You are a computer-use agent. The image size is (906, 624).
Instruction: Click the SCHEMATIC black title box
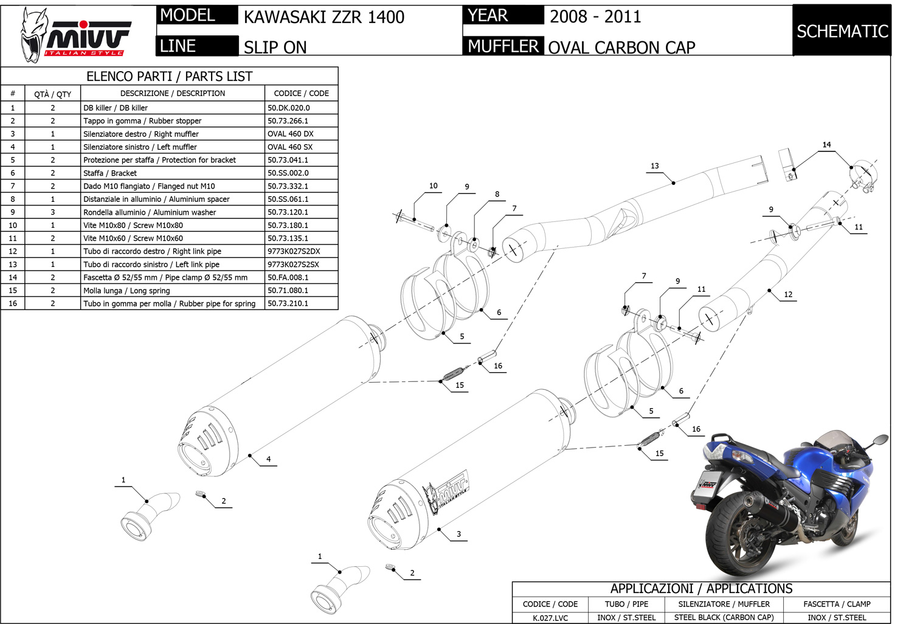point(842,31)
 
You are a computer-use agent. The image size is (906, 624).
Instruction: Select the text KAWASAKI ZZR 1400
point(323,17)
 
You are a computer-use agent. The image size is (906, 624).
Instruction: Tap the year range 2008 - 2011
point(595,16)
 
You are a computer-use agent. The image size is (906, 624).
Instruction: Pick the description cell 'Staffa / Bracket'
point(110,173)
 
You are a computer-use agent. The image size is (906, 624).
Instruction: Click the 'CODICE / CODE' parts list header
point(301,93)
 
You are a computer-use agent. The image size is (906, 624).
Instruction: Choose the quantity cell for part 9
point(52,212)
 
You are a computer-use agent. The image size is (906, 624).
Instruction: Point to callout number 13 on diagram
point(654,165)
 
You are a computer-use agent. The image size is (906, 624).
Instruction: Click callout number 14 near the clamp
point(826,145)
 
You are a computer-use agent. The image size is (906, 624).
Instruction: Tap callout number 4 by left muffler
point(268,459)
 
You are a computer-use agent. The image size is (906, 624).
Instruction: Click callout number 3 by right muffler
point(458,534)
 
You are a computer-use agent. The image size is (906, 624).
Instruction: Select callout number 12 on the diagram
point(788,294)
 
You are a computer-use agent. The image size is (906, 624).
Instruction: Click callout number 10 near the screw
point(433,185)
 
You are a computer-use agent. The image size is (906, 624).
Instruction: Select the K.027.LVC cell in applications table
point(550,617)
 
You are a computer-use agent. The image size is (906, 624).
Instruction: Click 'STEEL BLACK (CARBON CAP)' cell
point(724,617)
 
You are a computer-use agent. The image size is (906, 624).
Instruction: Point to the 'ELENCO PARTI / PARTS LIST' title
point(169,76)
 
